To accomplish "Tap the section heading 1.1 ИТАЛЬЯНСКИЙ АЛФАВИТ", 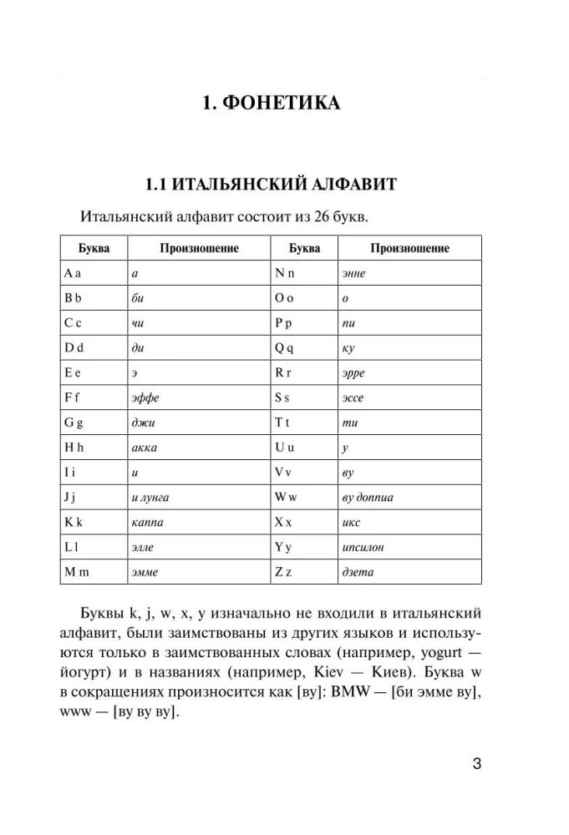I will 283,183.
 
